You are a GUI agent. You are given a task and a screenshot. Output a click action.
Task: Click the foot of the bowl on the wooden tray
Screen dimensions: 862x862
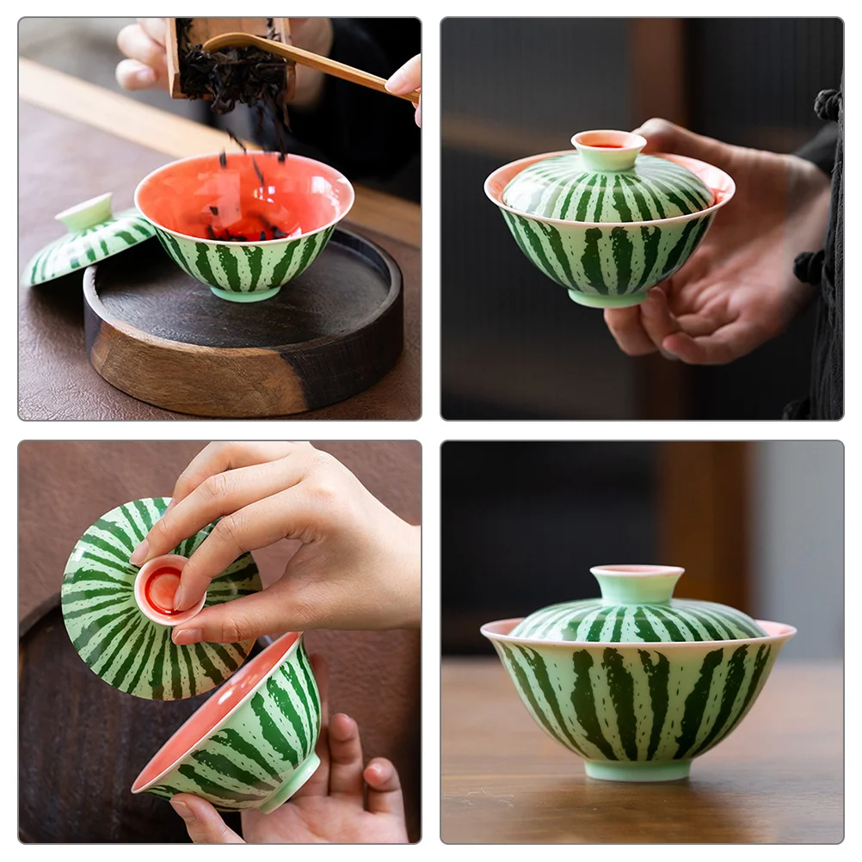(x=244, y=293)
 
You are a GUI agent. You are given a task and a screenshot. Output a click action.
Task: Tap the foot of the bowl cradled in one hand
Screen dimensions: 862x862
(x=607, y=299)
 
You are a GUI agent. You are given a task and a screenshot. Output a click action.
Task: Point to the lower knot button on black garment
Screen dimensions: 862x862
(x=809, y=267)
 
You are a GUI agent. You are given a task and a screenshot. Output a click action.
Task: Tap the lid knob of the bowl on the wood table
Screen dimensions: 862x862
(x=637, y=582)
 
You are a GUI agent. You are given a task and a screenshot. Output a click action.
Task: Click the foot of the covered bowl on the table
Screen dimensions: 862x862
(x=637, y=769)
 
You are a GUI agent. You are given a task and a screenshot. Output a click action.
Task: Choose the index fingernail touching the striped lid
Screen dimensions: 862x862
(x=139, y=552)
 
